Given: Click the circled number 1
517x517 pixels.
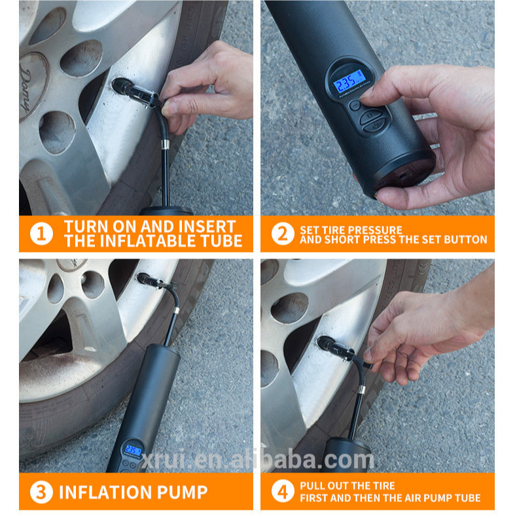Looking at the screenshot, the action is pyautogui.click(x=41, y=234).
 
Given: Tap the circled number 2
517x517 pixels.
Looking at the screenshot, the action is pyautogui.click(x=283, y=234).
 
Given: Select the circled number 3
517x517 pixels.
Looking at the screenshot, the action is pyautogui.click(x=41, y=492).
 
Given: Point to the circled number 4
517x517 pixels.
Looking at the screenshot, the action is pyautogui.click(x=283, y=491).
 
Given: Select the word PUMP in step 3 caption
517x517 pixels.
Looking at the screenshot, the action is pyautogui.click(x=183, y=492).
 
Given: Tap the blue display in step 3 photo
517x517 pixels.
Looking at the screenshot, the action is pyautogui.click(x=134, y=450).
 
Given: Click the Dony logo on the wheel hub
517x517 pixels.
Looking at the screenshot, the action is pyautogui.click(x=29, y=86).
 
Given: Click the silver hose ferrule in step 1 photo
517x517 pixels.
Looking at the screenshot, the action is pyautogui.click(x=165, y=144).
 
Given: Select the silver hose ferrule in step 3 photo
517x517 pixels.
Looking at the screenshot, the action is pyautogui.click(x=177, y=310).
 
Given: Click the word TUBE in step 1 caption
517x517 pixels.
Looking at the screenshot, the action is pyautogui.click(x=222, y=241).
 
